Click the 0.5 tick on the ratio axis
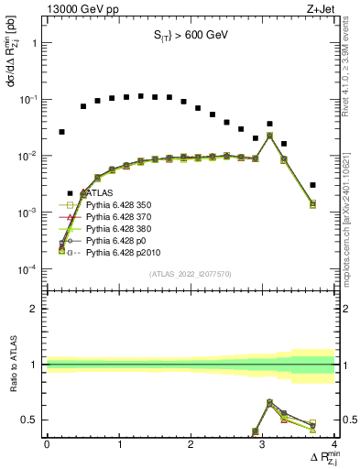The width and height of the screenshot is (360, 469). (33, 420)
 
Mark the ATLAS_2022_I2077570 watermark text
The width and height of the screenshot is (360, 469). (191, 274)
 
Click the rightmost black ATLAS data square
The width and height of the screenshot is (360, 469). (313, 185)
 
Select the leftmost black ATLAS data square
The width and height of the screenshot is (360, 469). (61, 132)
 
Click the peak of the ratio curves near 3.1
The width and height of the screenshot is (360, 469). (269, 401)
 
